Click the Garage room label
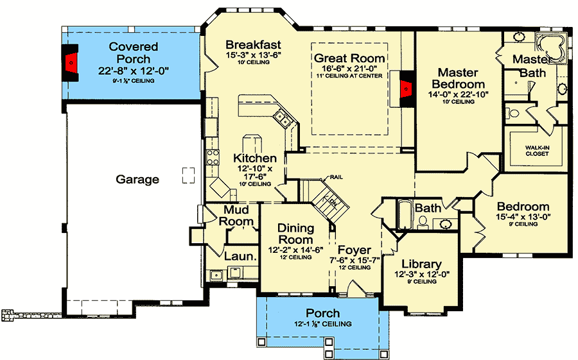click(137, 180)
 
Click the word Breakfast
click(254, 45)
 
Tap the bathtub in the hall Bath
click(405, 215)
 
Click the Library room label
click(421, 264)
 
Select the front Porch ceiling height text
click(322, 324)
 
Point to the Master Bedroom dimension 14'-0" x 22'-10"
click(459, 94)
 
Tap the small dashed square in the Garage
click(188, 175)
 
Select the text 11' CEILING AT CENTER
click(349, 76)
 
